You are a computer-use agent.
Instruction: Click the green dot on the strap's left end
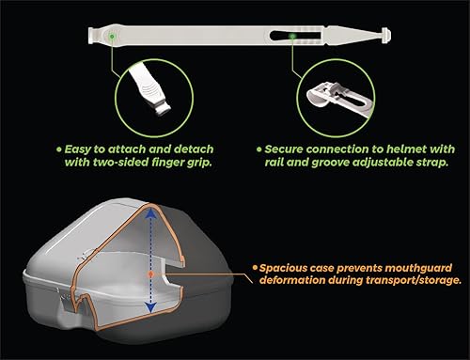point(113,38)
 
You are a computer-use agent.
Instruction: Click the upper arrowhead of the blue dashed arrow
point(150,211)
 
